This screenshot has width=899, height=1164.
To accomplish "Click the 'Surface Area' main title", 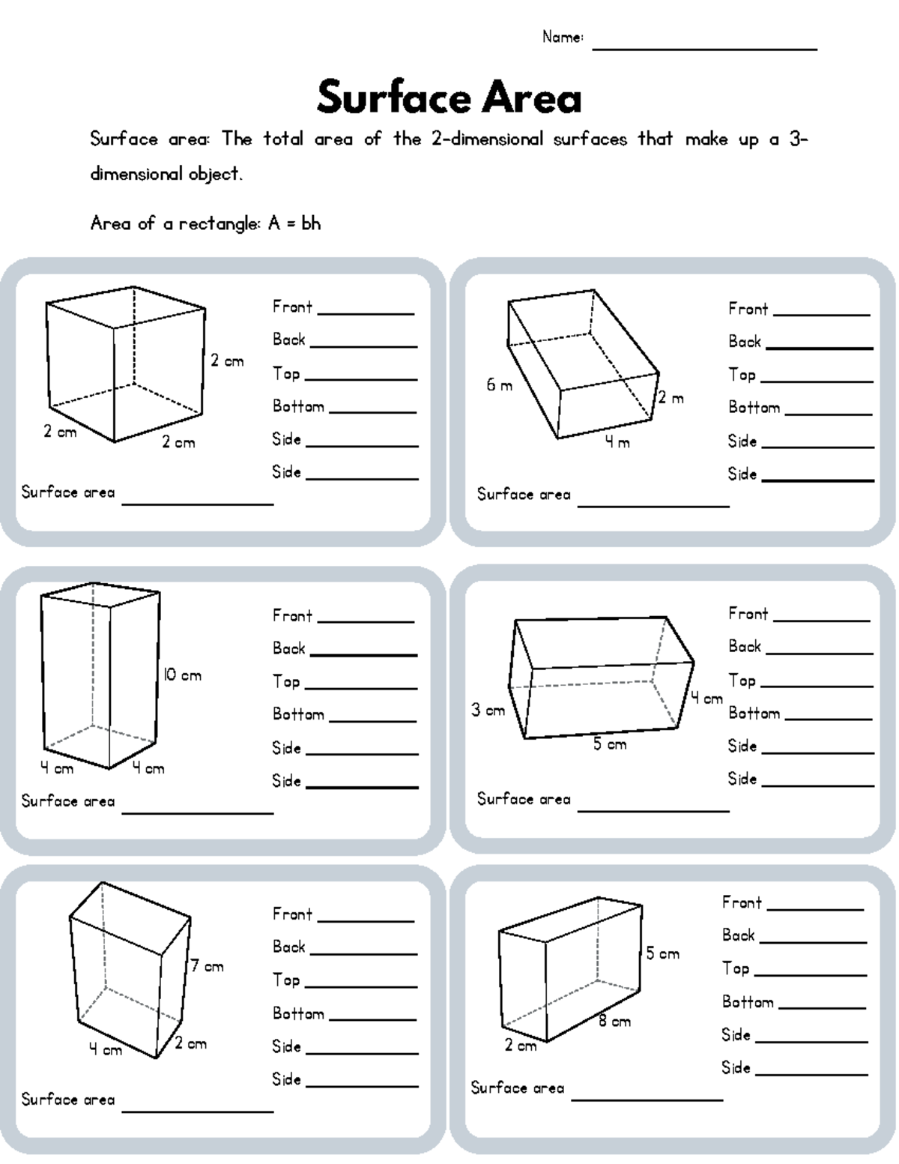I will (x=449, y=98).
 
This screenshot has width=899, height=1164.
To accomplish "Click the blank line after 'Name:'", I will (x=704, y=46).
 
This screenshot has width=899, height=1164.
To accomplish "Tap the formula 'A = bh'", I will (x=294, y=223).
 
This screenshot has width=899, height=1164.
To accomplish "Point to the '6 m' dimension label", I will (x=499, y=385).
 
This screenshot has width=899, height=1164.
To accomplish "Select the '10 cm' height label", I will (x=183, y=675).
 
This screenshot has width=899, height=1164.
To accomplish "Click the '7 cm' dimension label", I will (x=208, y=966).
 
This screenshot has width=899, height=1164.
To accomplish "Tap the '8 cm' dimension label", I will (x=614, y=1021).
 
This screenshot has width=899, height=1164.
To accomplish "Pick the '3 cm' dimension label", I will (x=488, y=710).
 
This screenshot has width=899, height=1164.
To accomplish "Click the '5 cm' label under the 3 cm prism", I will (x=610, y=744).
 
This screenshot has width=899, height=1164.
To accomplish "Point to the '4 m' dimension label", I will (x=617, y=442).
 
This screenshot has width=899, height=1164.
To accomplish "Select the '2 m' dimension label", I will (x=671, y=398).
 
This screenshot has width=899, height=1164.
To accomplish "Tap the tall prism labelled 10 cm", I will (x=100, y=675).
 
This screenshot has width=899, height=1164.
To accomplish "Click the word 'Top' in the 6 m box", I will (x=742, y=375).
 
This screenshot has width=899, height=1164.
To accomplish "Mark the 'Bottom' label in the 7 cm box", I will (x=298, y=1014).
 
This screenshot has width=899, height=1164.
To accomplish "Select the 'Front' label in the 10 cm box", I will (x=292, y=616).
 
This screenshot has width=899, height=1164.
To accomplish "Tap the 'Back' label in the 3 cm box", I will (x=745, y=647).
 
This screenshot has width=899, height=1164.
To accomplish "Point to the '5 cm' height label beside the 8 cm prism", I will (x=663, y=953).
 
